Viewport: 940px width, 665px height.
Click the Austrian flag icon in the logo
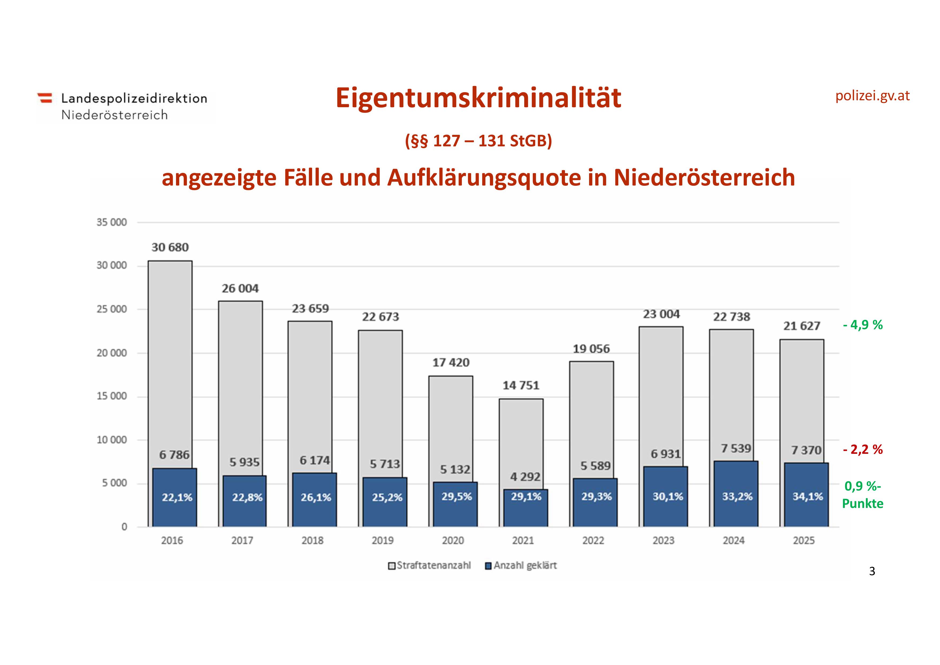(x=45, y=98)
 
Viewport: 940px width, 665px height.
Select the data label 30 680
(x=170, y=247)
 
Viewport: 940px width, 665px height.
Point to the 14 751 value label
(x=521, y=385)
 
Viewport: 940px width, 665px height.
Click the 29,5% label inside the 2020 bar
(x=456, y=497)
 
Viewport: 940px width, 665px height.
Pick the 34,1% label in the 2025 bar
(x=807, y=497)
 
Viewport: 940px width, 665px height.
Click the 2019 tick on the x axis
(x=382, y=540)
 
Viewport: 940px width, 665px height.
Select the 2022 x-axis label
(x=593, y=540)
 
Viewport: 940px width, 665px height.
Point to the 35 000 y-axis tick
(x=111, y=222)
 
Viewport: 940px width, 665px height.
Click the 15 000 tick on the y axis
(x=111, y=396)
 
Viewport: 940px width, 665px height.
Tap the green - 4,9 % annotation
(x=863, y=325)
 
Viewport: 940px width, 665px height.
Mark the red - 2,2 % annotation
(x=863, y=450)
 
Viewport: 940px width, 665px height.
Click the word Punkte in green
(x=863, y=504)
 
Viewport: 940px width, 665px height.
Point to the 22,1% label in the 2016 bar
(x=177, y=497)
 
